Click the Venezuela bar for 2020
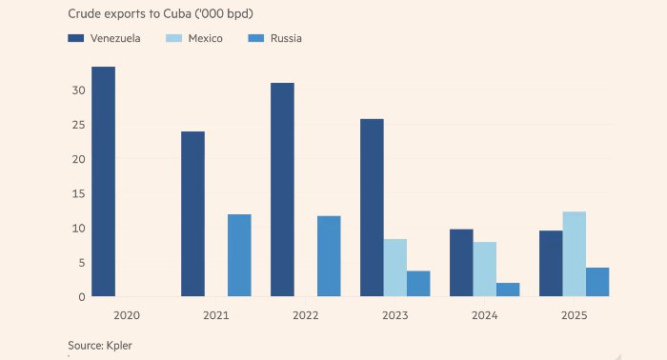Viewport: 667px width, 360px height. click(103, 182)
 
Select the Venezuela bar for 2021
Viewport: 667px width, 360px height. click(192, 214)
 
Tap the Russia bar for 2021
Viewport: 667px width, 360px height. click(239, 255)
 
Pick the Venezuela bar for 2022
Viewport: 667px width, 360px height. click(282, 190)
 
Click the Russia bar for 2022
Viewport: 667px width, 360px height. click(329, 256)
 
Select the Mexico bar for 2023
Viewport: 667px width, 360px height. click(394, 268)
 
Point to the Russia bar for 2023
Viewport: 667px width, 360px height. click(418, 284)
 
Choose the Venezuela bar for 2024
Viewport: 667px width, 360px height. click(461, 263)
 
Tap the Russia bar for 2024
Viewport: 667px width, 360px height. click(508, 290)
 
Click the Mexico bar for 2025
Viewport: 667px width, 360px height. click(574, 254)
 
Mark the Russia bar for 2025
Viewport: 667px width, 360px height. click(597, 282)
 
